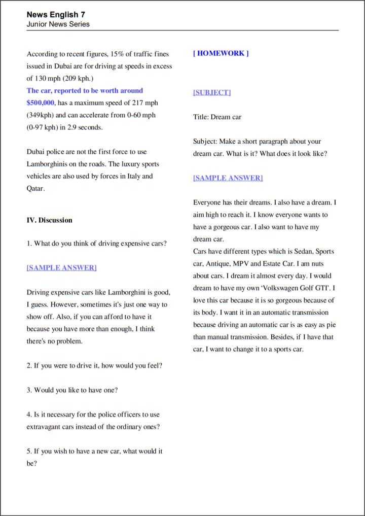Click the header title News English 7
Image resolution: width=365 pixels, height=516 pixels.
tap(56, 15)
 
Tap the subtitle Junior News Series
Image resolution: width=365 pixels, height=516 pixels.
tap(58, 24)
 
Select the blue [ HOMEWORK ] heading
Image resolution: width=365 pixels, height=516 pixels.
tap(221, 53)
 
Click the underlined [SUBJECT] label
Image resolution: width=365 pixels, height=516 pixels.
tap(211, 92)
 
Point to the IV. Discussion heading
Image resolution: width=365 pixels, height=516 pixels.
tap(49, 220)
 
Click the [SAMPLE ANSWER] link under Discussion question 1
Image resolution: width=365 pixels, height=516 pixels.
tap(61, 267)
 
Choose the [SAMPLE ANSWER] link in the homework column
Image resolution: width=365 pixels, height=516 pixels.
tap(228, 178)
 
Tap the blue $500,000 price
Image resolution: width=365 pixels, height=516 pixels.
tap(40, 102)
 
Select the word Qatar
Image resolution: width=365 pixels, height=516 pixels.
tap(35, 188)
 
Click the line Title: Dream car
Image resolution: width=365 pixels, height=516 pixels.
tap(217, 117)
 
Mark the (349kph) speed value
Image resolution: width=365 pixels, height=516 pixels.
tap(39, 115)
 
